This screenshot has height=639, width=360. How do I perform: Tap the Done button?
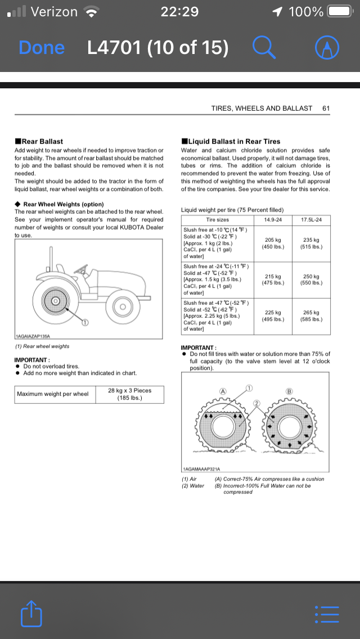tap(42, 48)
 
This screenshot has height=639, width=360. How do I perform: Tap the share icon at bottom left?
tap(31, 613)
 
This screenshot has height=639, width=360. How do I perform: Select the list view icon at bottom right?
tap(327, 614)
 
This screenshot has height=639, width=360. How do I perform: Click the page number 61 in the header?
tap(326, 108)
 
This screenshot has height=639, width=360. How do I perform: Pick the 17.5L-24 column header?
tap(311, 219)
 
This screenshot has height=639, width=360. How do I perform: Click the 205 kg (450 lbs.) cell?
tap(273, 243)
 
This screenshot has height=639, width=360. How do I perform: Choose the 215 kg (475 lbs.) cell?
tap(273, 280)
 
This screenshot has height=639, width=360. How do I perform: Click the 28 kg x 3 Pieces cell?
tap(129, 394)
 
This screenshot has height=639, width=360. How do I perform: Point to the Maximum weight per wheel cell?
tap(53, 394)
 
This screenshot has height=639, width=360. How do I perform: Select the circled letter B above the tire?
tap(290, 391)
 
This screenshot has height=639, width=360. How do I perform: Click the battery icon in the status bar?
tap(340, 11)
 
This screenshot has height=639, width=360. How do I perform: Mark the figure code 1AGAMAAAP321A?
tap(202, 469)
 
